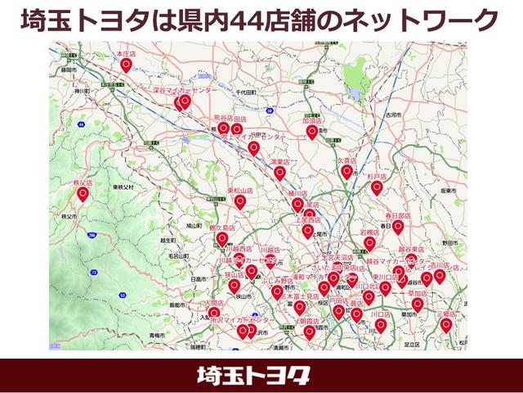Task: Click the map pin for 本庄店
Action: pyautogui.click(x=126, y=63)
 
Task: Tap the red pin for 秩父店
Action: pyautogui.click(x=83, y=194)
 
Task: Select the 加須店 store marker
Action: pyautogui.click(x=311, y=131)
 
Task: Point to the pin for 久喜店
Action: pyautogui.click(x=347, y=172)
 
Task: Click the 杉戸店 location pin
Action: pyautogui.click(x=377, y=187)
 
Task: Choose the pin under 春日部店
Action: pyautogui.click(x=398, y=226)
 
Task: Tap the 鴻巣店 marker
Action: pyautogui.click(x=280, y=173)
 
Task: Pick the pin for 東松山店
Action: pyautogui.click(x=239, y=201)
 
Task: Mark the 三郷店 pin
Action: pyautogui.click(x=446, y=324)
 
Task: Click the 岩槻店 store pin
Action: pyautogui.click(x=369, y=243)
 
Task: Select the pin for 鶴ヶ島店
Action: pyautogui.click(x=222, y=238)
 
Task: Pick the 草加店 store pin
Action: pyautogui.click(x=418, y=305)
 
